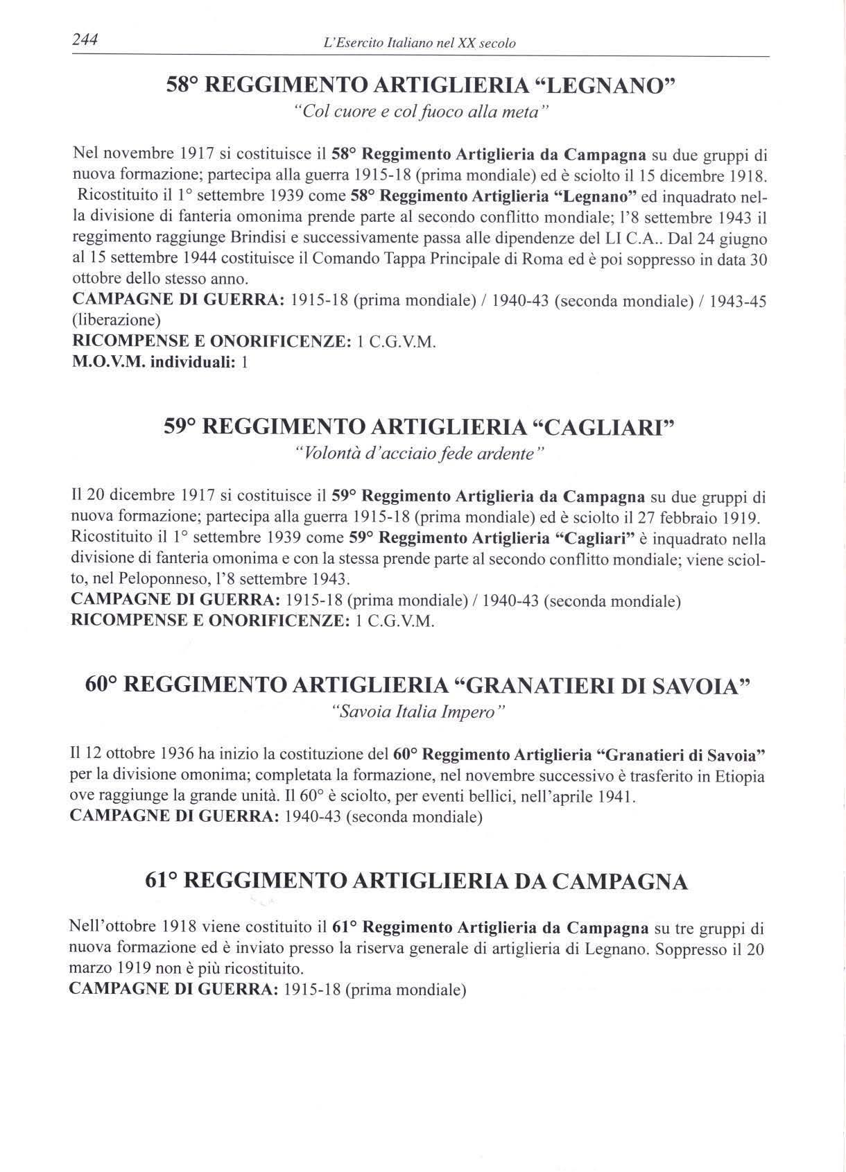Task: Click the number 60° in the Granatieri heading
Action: coord(103,685)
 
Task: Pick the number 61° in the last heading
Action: coord(162,881)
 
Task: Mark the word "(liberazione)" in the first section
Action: coord(116,320)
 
